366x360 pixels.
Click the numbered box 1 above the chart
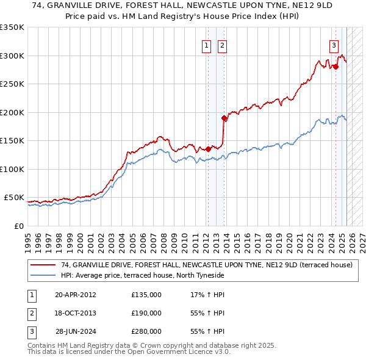(x=207, y=45)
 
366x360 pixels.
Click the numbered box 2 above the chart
(x=222, y=45)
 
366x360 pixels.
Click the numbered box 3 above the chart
(x=334, y=45)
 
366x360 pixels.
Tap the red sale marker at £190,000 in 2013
(x=224, y=118)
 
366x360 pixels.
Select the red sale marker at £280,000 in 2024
(x=335, y=67)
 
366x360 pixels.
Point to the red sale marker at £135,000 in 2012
(x=208, y=149)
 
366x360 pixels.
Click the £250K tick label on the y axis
(x=12, y=84)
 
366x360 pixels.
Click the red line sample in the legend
(x=43, y=265)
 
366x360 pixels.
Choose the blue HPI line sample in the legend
(x=43, y=276)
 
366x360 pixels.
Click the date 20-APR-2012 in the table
(x=75, y=295)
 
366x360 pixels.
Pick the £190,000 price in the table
(x=146, y=313)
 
